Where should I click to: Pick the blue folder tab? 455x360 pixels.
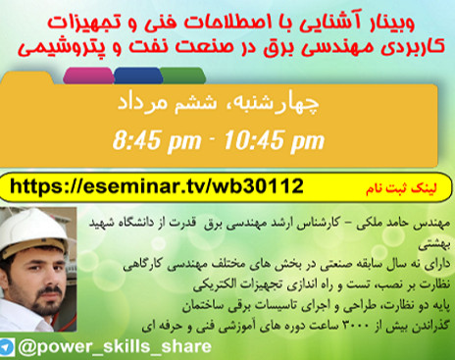(x=136, y=76)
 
